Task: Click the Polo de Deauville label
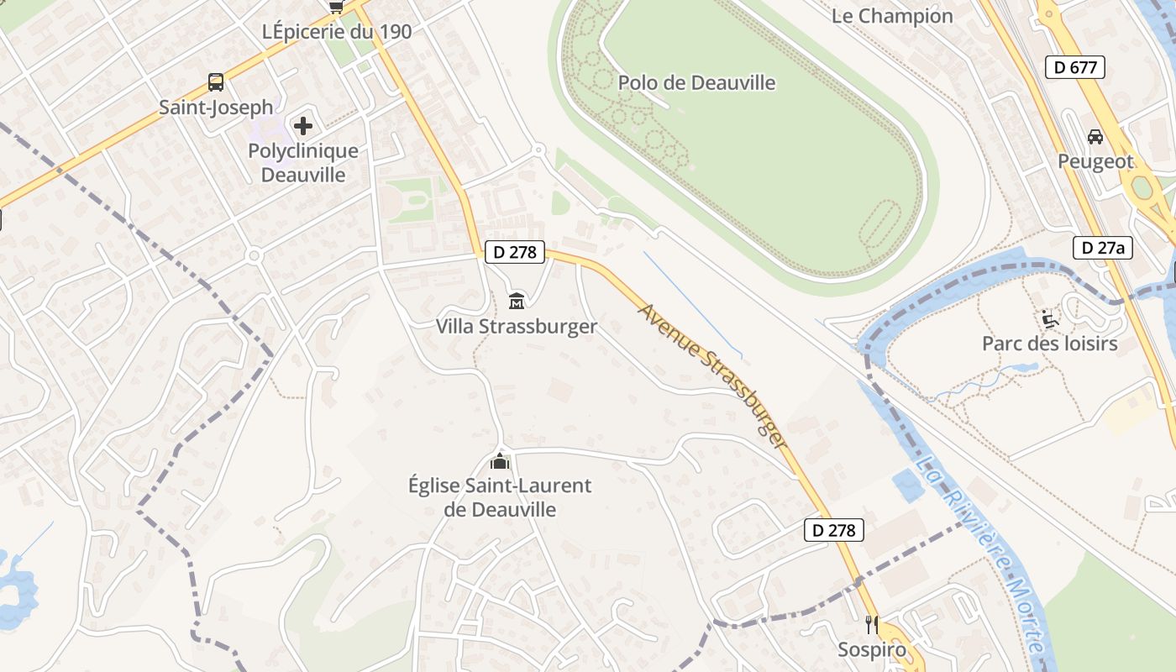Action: point(696,83)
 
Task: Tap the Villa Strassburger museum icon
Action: point(517,301)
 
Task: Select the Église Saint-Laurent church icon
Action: point(500,461)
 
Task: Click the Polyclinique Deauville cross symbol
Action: point(303,127)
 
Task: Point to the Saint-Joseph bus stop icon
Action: point(216,82)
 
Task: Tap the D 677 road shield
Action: point(1074,68)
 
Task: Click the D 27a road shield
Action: point(1103,248)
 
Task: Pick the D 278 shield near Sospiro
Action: point(833,530)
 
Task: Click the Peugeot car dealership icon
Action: point(1095,136)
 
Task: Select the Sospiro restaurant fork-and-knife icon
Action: point(872,624)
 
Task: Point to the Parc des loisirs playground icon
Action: point(1049,318)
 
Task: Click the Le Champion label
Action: point(892,16)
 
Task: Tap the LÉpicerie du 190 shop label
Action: point(337,32)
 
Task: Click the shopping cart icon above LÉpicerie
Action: point(337,7)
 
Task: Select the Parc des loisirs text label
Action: point(1049,344)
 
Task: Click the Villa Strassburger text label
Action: point(516,327)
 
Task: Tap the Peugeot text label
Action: point(1095,161)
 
